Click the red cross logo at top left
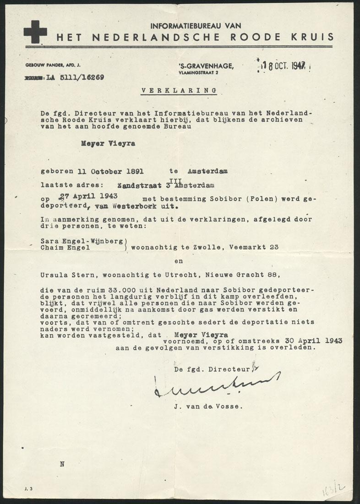(35, 32)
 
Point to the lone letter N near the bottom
(62, 464)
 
